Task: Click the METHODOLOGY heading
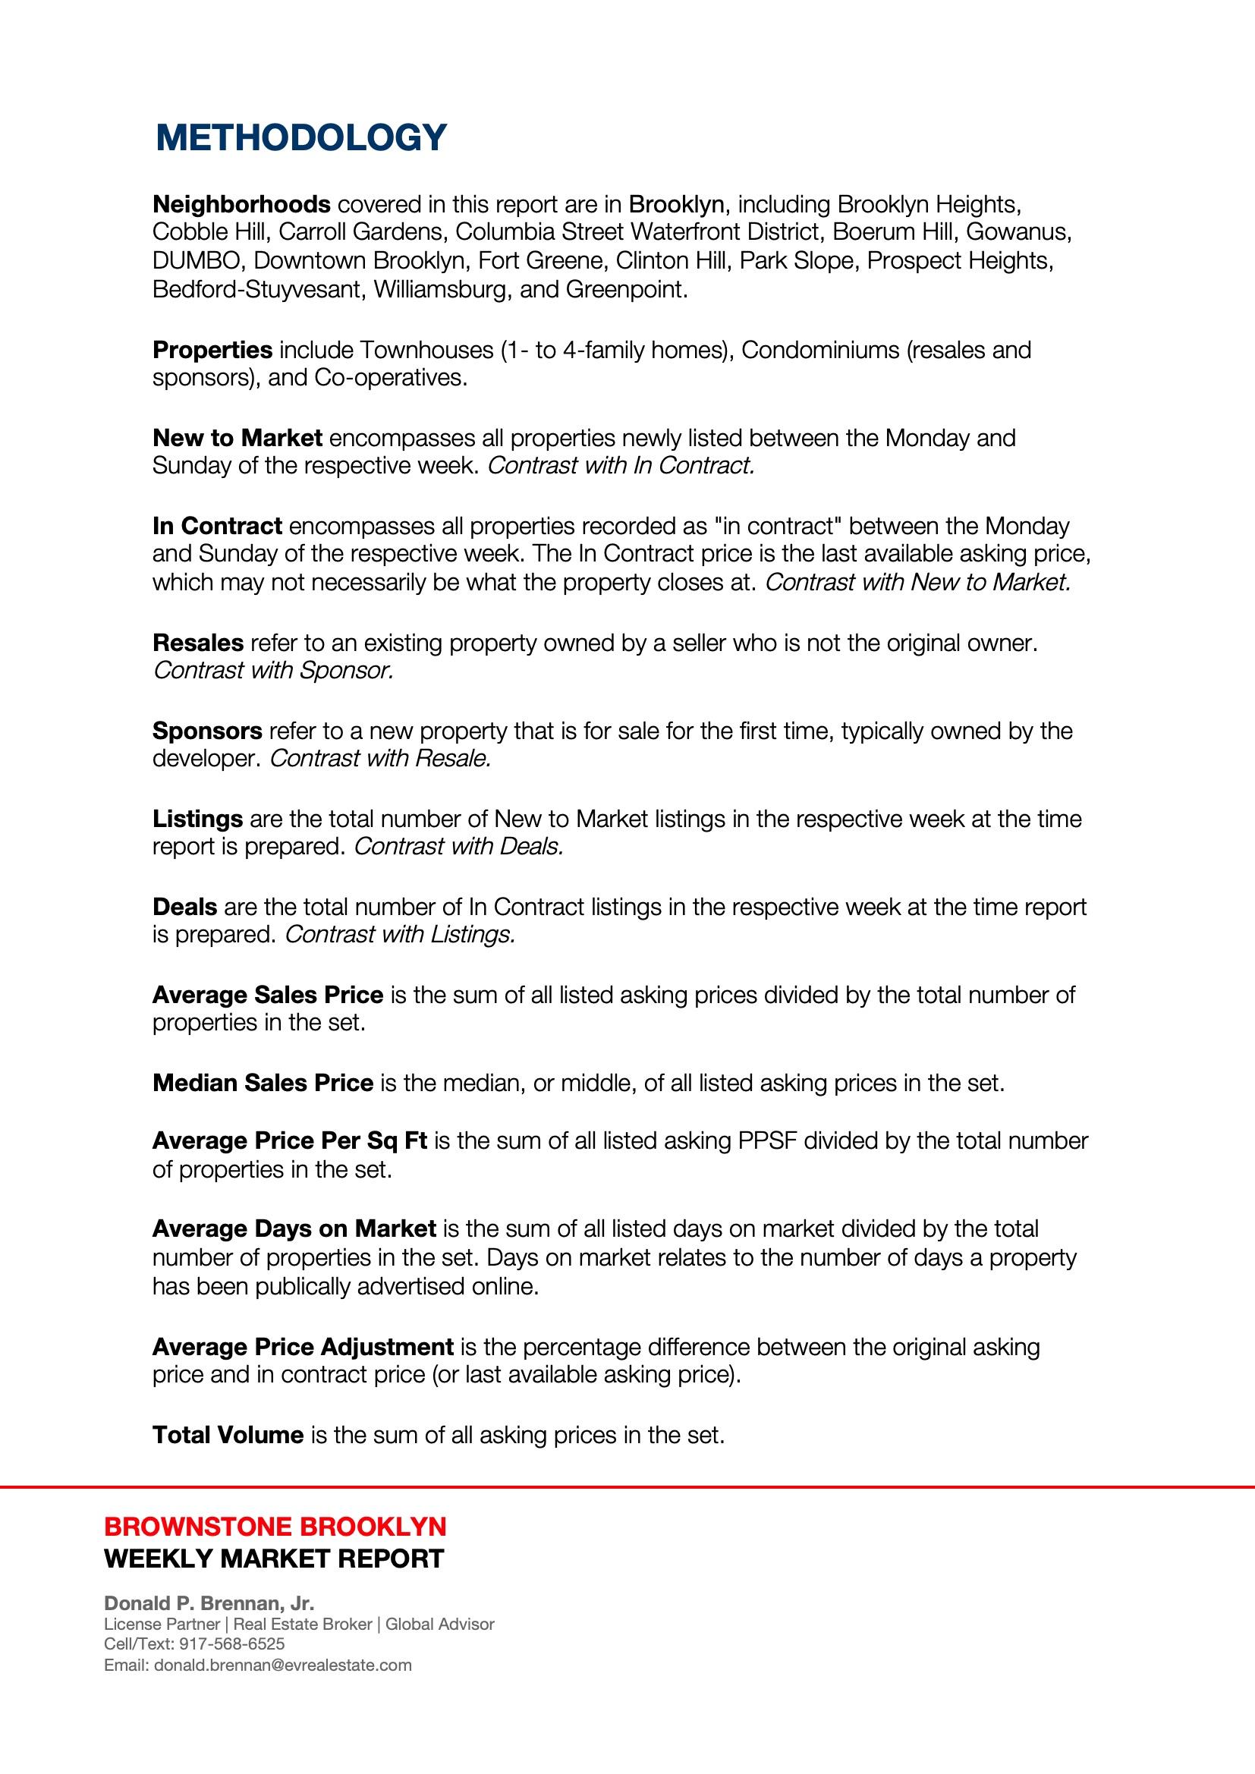pos(300,137)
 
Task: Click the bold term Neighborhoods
pos(241,205)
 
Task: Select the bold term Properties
pos(212,350)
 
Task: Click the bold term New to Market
pos(237,438)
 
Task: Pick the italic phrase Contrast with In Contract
pos(621,466)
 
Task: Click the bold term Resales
pos(198,643)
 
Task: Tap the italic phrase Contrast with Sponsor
pos(274,671)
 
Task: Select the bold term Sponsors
pos(207,731)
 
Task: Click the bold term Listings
pos(197,819)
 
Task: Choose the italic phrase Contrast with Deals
pos(458,847)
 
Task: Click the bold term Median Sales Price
pos(263,1084)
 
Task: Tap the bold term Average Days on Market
pos(294,1229)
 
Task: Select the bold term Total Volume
pos(228,1436)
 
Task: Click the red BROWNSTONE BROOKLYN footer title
pos(275,1527)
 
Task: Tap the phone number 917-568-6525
pos(231,1643)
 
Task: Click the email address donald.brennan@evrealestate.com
pos(283,1665)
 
